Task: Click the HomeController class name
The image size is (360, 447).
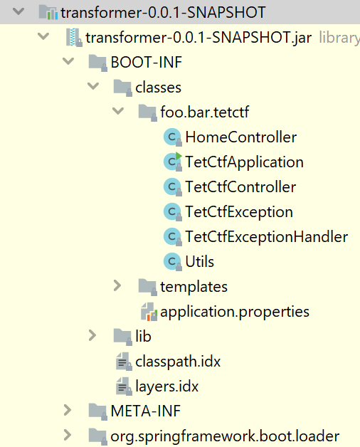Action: coord(241,137)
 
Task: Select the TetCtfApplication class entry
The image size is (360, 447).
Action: coord(244,162)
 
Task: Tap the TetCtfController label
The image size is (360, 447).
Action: coord(240,187)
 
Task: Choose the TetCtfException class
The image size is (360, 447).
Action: coord(239,212)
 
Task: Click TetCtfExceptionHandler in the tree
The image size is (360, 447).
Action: coord(267,237)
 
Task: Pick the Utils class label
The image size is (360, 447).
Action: coord(199,262)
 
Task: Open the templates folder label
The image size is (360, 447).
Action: coord(194,287)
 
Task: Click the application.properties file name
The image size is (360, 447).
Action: coord(235,312)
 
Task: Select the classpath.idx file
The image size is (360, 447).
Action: coord(178,362)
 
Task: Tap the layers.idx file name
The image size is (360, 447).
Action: coord(166,386)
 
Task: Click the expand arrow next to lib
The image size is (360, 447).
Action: coord(92,336)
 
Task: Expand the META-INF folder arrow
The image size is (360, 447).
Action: coord(68,411)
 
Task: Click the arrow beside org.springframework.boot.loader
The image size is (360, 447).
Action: coord(68,436)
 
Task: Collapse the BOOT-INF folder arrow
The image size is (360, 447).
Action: coord(68,61)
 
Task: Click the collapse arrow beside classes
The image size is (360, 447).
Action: coord(93,86)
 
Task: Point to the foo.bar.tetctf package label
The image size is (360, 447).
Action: coord(205,112)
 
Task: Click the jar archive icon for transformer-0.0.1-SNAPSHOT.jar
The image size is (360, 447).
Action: coord(74,37)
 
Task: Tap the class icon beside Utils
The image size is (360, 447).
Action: coord(172,261)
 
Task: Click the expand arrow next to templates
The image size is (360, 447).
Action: coord(117,286)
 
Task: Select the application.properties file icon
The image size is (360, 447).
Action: coord(149,312)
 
